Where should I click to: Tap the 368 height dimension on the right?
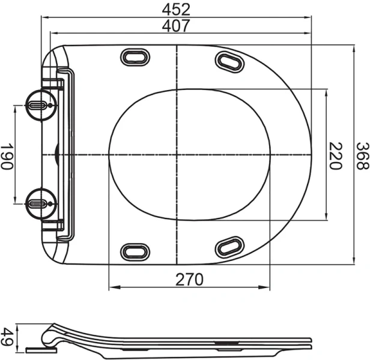[361, 155]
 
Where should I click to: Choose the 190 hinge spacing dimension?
[7, 155]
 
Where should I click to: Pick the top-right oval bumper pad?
[229, 60]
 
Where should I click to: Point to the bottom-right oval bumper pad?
[229, 245]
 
